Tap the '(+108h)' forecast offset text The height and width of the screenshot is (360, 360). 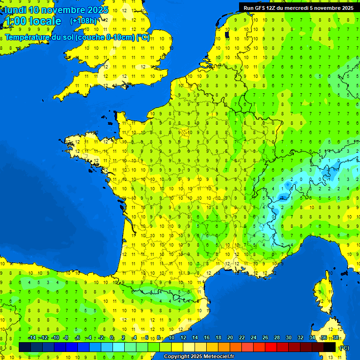(x=83, y=21)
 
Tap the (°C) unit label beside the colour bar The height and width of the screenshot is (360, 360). (x=344, y=348)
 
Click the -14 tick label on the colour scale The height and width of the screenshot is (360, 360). (x=32, y=337)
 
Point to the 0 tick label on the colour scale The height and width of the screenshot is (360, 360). (x=112, y=337)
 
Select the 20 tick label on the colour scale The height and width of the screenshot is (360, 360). (x=230, y=337)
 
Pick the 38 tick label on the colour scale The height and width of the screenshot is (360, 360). (x=336, y=337)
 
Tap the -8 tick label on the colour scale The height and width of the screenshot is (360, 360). (x=66, y=337)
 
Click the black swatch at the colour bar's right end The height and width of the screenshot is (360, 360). (x=330, y=347)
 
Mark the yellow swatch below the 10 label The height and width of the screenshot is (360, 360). (x=177, y=347)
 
